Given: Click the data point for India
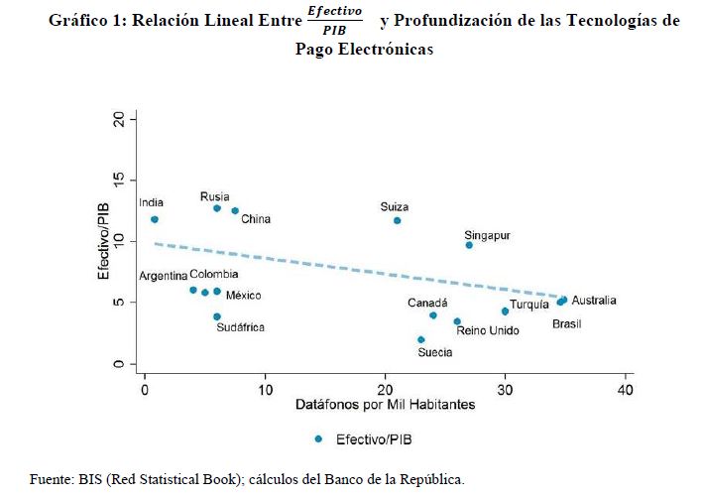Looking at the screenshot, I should coord(154,219).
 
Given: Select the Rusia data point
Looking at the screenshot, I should coord(217,208).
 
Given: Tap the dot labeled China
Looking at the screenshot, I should coord(235,210).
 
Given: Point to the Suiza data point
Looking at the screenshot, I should coord(397,220).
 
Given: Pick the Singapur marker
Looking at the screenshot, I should coord(469,245).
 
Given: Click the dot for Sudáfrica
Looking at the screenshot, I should coord(217,316).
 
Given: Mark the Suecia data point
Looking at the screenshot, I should coord(421,339).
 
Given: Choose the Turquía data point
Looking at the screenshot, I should coord(505,311).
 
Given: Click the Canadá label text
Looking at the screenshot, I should coord(428,303).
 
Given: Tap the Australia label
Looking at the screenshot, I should coord(594,301).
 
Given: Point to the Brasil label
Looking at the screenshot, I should coord(567,324).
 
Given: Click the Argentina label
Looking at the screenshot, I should coord(162,275).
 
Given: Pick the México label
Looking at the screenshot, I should coord(244,295).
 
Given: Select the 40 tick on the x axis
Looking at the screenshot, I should coord(625,390).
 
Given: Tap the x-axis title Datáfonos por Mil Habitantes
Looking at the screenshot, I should coord(385,406).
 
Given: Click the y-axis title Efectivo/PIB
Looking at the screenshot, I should coord(102,241).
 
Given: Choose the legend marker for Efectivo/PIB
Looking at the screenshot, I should coord(317,438).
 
